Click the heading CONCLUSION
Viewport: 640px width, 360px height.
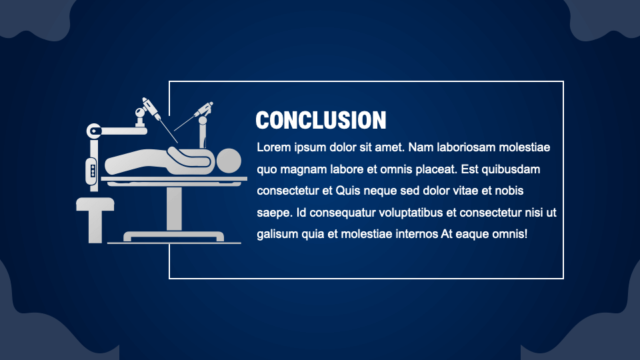(x=321, y=120)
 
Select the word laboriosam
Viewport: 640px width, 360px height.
(x=463, y=147)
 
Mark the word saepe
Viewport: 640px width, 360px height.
(x=272, y=213)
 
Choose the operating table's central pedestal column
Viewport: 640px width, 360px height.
(x=174, y=207)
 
